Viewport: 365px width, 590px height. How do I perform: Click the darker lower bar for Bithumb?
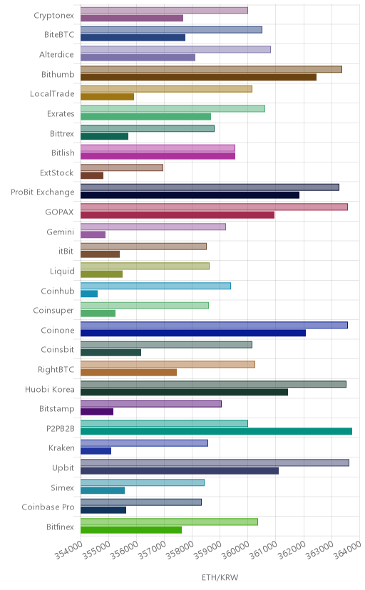198,77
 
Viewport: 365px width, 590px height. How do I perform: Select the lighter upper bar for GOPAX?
214,207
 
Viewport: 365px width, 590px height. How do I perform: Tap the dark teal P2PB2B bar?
217,431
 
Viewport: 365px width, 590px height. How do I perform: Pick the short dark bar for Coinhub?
89,294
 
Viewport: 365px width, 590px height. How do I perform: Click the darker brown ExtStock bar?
92,175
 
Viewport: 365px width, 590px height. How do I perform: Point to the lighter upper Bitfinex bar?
170,522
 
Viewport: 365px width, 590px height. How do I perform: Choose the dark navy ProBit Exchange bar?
190,195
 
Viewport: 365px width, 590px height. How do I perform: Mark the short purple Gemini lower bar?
93,234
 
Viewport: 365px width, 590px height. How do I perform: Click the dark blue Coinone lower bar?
193,333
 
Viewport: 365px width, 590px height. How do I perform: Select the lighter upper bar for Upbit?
215,462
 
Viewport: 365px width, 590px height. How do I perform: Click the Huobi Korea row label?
50,390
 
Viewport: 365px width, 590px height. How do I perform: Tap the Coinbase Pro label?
48,507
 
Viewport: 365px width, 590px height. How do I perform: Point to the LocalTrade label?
52,93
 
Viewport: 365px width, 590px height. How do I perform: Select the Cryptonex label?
53,16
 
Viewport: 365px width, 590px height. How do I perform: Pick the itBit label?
66,251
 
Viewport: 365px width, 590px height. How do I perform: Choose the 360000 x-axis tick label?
235,549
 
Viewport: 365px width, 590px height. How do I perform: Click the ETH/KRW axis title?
220,578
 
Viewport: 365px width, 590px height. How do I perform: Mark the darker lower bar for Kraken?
96,451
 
